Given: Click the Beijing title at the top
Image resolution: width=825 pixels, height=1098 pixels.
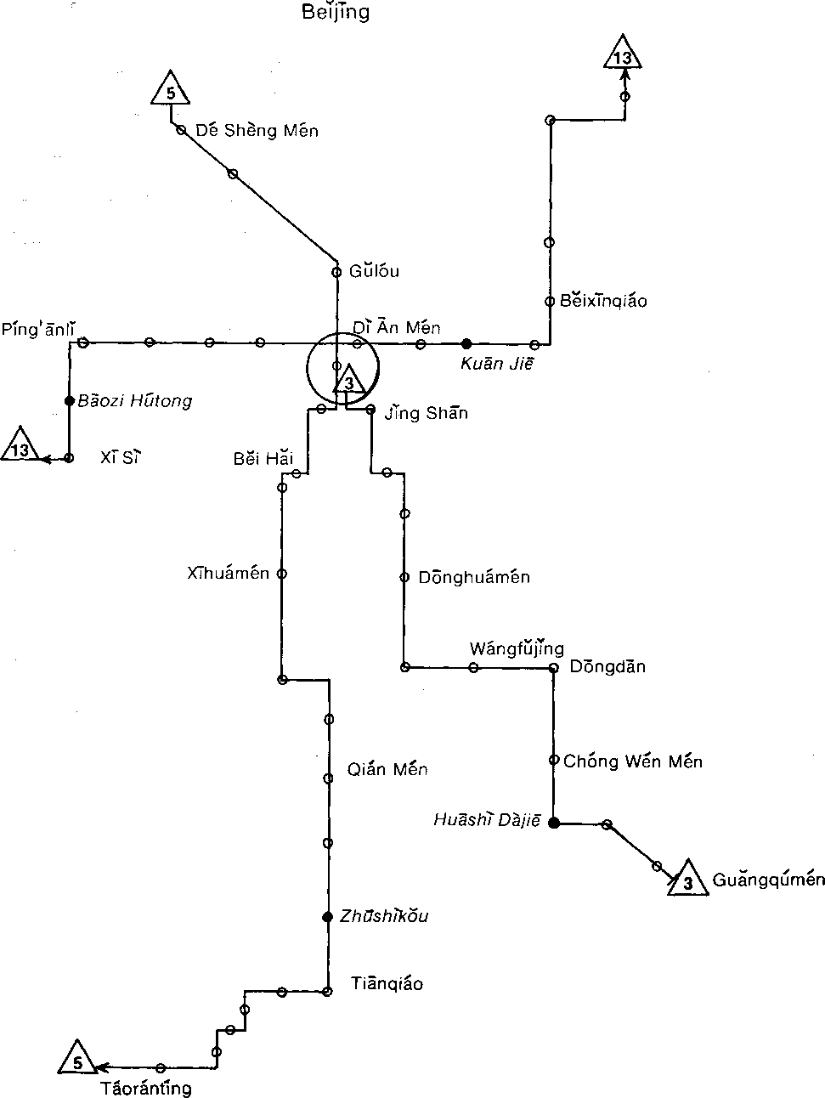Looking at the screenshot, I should pyautogui.click(x=336, y=12).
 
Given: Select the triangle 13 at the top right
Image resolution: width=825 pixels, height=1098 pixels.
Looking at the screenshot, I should pyautogui.click(x=623, y=55).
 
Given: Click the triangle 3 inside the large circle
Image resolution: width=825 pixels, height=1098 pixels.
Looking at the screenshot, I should pyautogui.click(x=348, y=382).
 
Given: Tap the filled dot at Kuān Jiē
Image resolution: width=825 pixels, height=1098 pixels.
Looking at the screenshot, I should pyautogui.click(x=466, y=343).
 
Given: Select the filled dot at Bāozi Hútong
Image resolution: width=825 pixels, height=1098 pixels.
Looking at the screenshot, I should pyautogui.click(x=70, y=399).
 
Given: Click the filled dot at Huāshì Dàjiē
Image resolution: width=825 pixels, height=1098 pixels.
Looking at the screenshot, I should pyautogui.click(x=554, y=822).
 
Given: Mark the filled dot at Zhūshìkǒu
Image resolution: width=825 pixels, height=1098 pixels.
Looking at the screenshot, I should pyautogui.click(x=327, y=916).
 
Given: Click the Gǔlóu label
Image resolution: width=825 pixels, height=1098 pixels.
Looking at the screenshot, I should pyautogui.click(x=374, y=272).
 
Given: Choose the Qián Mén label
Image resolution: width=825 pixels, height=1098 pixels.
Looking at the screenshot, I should pyautogui.click(x=387, y=770).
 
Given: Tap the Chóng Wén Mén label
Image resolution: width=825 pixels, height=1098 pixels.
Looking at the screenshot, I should pyautogui.click(x=633, y=761).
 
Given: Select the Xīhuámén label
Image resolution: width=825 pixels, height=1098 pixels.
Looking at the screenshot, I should pyautogui.click(x=229, y=574).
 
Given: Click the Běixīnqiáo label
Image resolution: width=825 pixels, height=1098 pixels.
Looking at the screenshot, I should pyautogui.click(x=604, y=301).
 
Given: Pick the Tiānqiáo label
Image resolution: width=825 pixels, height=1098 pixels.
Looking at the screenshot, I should pyautogui.click(x=387, y=984).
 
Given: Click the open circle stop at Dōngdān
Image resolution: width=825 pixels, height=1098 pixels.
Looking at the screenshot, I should pyautogui.click(x=553, y=668).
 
